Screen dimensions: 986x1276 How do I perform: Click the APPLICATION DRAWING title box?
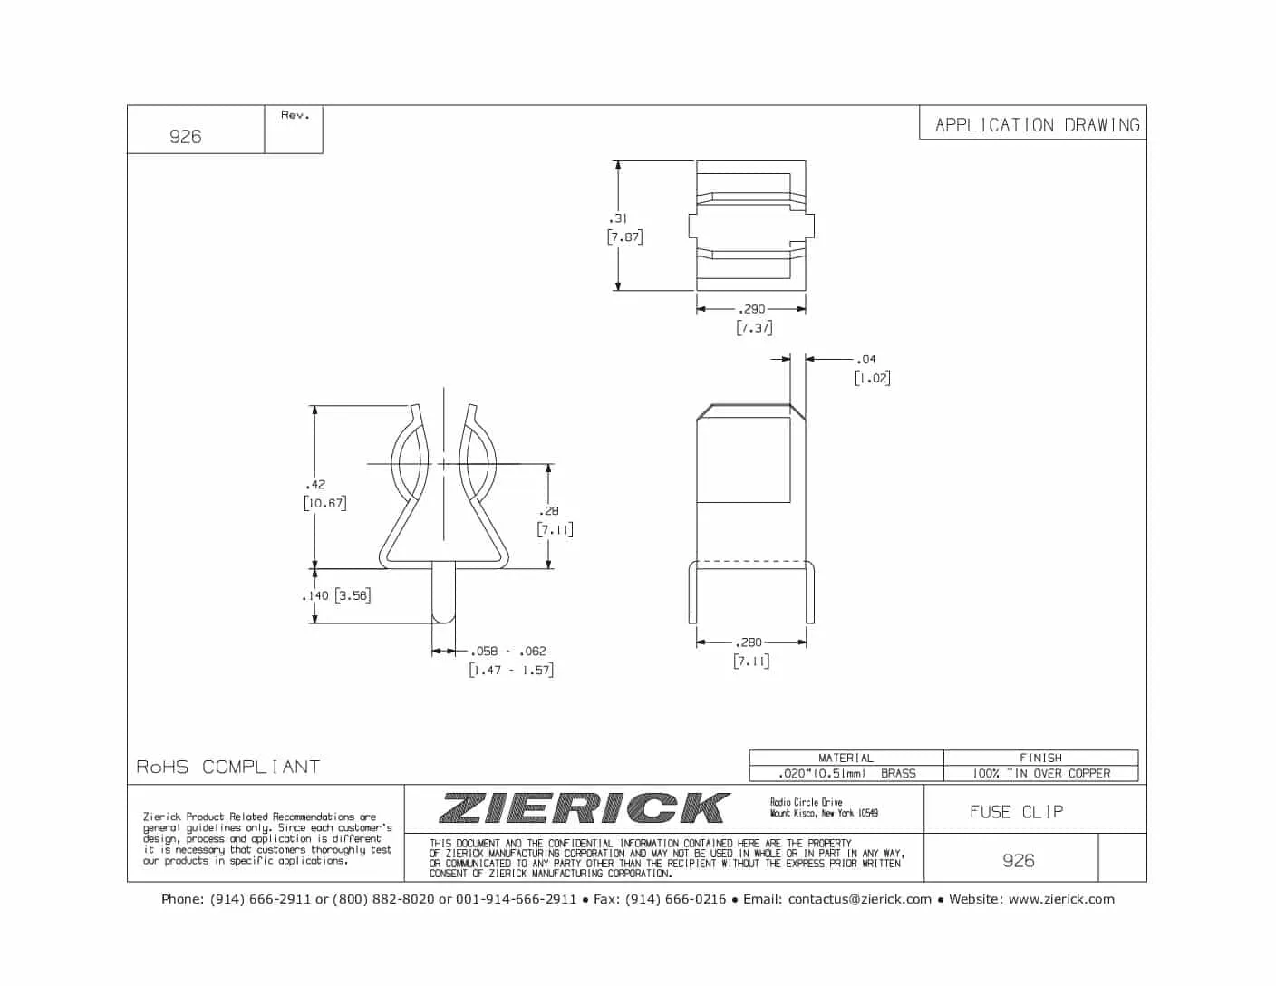[x=1036, y=125]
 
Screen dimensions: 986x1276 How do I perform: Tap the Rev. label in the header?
[x=295, y=115]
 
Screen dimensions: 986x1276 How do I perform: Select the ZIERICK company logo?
[x=585, y=807]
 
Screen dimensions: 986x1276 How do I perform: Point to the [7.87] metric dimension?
[x=624, y=237]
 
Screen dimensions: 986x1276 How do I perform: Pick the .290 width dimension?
[x=751, y=309]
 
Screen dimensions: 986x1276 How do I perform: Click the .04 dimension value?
[x=866, y=360]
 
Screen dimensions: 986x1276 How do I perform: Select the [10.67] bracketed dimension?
[x=324, y=503]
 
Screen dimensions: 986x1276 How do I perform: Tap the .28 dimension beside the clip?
[x=549, y=511]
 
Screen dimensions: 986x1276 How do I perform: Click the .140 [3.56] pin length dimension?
[x=336, y=595]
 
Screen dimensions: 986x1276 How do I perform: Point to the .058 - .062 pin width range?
[x=508, y=651]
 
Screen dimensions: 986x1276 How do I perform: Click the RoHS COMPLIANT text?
[x=228, y=767]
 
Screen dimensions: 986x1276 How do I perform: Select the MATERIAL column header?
[x=846, y=758]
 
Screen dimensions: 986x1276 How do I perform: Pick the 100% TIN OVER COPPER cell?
[x=1040, y=773]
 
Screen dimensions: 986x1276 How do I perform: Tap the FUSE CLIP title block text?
[x=1016, y=812]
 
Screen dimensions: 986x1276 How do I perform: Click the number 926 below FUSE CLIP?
[x=1018, y=860]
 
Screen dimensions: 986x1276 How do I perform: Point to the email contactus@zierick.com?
[x=859, y=899]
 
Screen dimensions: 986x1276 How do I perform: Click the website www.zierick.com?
[x=1061, y=899]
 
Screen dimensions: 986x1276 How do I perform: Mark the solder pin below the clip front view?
[x=443, y=594]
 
